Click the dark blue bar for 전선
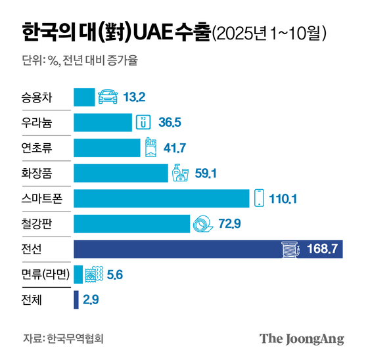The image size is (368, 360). [177, 249]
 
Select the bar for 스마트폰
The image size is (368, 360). [161, 199]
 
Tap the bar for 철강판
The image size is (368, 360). [131, 224]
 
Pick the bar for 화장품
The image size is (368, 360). [121, 173]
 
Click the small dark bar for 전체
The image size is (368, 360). [76, 299]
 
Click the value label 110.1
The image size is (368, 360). [285, 199]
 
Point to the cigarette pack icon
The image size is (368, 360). [150, 148]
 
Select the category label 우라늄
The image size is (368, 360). [37, 123]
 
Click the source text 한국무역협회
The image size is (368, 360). [75, 339]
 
